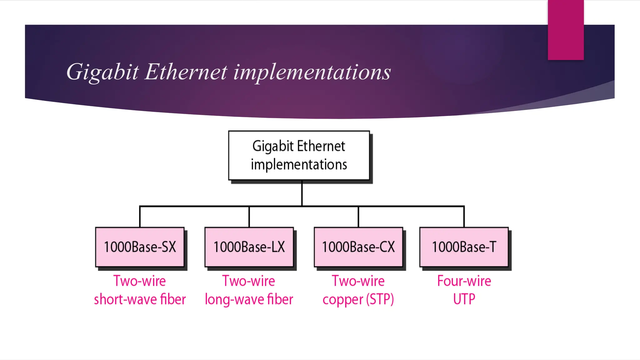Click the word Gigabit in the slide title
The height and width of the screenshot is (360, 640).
pyautogui.click(x=102, y=72)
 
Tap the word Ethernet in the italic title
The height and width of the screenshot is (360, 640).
pyautogui.click(x=186, y=72)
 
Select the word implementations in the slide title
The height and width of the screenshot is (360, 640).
pyautogui.click(x=312, y=72)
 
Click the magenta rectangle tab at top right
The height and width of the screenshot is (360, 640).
pyautogui.click(x=566, y=30)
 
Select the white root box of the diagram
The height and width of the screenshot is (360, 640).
pyautogui.click(x=299, y=155)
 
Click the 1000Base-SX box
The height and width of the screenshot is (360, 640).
pyautogui.click(x=140, y=247)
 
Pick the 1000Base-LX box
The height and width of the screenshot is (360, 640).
pyautogui.click(x=249, y=247)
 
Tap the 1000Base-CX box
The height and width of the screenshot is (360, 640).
pyautogui.click(x=358, y=247)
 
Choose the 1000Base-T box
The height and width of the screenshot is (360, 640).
pyautogui.click(x=464, y=247)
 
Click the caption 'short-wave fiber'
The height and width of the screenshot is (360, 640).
pyautogui.click(x=140, y=299)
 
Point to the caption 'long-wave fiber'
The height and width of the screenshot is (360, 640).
pyautogui.click(x=249, y=299)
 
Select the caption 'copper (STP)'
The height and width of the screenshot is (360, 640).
pyautogui.click(x=358, y=299)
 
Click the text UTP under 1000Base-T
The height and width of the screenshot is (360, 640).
pyautogui.click(x=464, y=299)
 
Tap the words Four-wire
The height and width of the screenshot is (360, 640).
pyautogui.click(x=464, y=281)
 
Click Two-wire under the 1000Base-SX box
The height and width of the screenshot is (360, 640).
pyautogui.click(x=140, y=281)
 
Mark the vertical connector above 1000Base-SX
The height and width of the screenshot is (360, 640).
pyautogui.click(x=140, y=217)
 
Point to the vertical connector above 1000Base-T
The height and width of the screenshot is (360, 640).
pyautogui.click(x=464, y=217)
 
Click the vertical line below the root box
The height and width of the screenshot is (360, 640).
pyautogui.click(x=302, y=193)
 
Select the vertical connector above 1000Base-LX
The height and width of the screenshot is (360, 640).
pyautogui.click(x=249, y=217)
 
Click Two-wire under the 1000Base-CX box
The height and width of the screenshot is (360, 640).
pyautogui.click(x=358, y=281)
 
